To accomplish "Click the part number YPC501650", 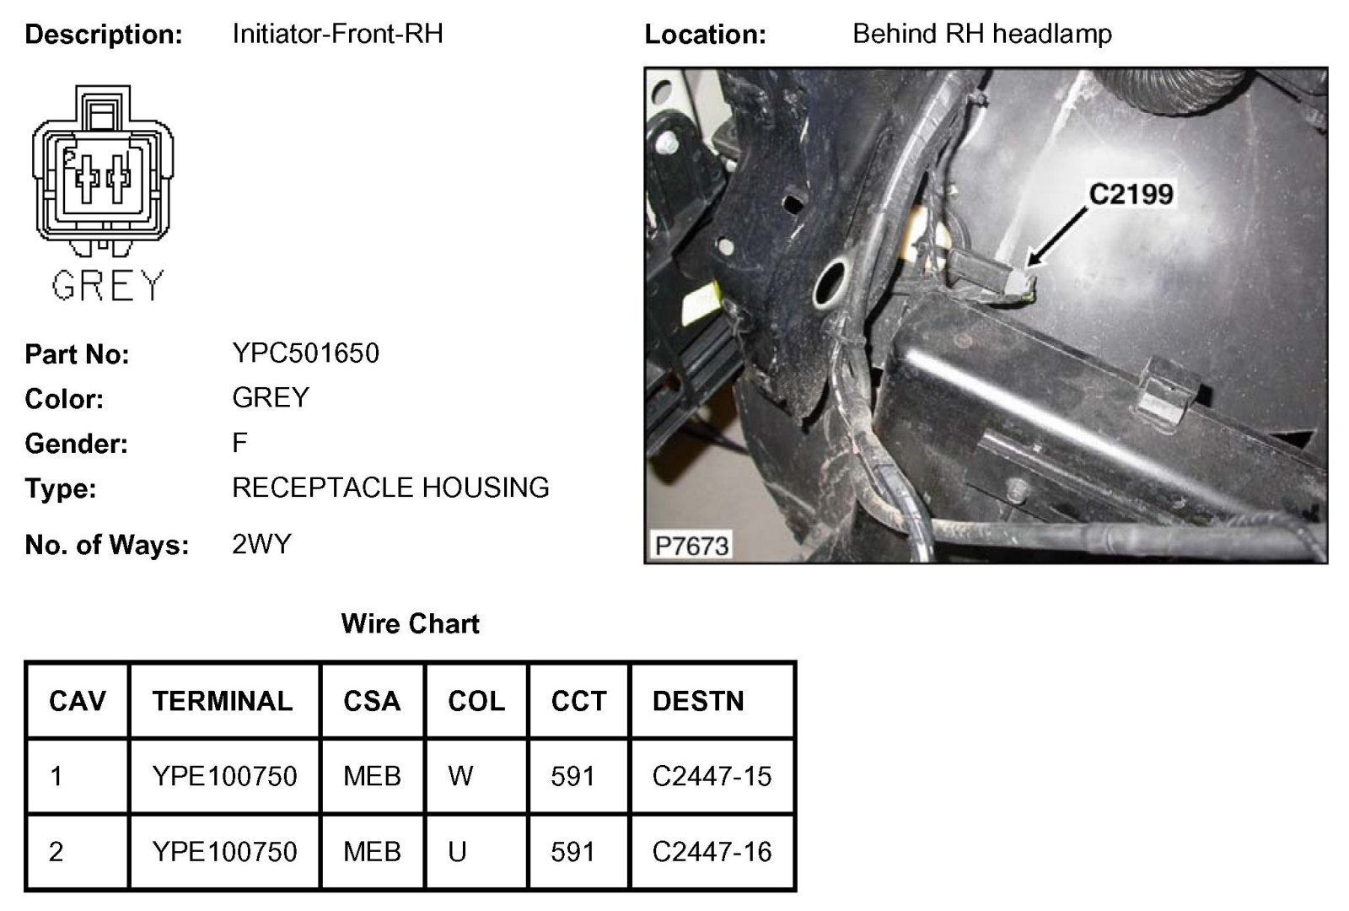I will pyautogui.click(x=305, y=353).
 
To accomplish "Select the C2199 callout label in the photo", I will pyautogui.click(x=1131, y=194).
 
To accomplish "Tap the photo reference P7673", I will pyautogui.click(x=691, y=546).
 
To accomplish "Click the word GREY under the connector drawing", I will pyautogui.click(x=107, y=286).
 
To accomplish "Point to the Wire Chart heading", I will pyautogui.click(x=410, y=624).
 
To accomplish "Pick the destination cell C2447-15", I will pyautogui.click(x=712, y=776).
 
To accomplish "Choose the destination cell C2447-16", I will pyautogui.click(x=712, y=852).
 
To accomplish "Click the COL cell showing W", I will pyautogui.click(x=460, y=776).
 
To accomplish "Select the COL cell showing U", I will pyautogui.click(x=457, y=852).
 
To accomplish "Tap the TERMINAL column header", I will pyautogui.click(x=223, y=701).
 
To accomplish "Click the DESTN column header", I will pyautogui.click(x=698, y=701).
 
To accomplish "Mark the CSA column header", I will pyautogui.click(x=372, y=701).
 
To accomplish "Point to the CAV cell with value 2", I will pyautogui.click(x=56, y=852).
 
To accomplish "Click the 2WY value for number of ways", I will pyautogui.click(x=261, y=544).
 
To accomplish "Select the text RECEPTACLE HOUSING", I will pyautogui.click(x=390, y=488).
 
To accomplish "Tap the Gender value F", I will pyautogui.click(x=240, y=442).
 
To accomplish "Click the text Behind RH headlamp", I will pyautogui.click(x=981, y=34).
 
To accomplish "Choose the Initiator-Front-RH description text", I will pyautogui.click(x=337, y=34).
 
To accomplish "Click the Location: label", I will pyautogui.click(x=705, y=35).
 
